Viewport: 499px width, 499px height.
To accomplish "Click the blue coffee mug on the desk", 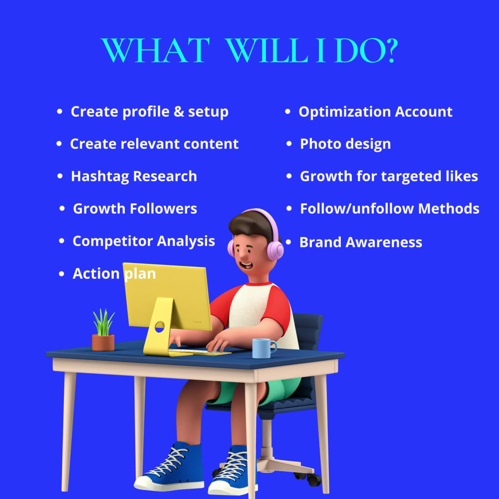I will click(x=263, y=348).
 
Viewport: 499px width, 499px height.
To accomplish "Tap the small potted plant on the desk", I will click(x=103, y=332).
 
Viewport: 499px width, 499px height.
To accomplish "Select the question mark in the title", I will click(x=389, y=50).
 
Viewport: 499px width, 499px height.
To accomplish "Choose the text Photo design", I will click(x=345, y=144).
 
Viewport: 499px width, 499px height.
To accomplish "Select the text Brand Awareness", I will click(x=360, y=243).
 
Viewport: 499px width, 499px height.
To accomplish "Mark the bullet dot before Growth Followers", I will click(x=62, y=209).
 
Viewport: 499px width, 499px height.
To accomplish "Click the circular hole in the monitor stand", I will click(x=160, y=327).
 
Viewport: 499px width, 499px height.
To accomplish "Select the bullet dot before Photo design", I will click(x=289, y=144).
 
